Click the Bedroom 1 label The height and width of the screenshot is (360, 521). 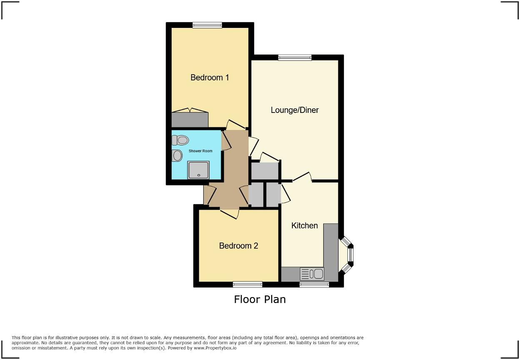(209, 77)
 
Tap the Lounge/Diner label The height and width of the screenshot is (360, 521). (294, 110)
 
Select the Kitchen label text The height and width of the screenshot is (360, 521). (304, 225)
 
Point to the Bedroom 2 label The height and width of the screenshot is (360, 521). (238, 246)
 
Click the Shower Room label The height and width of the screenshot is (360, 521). (200, 151)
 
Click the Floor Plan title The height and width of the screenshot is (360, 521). (260, 299)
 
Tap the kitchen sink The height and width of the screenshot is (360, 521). (312, 274)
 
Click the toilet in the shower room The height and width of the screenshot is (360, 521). (180, 140)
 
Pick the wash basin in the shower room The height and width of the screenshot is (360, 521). (177, 156)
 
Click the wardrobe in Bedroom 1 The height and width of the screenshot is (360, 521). (190, 119)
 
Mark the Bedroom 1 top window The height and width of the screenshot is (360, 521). (207, 25)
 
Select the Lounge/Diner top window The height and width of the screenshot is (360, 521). (295, 58)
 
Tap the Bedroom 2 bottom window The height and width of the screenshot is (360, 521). (247, 285)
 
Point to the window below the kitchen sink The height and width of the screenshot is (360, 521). (314, 285)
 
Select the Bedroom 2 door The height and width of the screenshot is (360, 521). (229, 213)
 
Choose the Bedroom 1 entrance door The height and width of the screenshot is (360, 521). (236, 125)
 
